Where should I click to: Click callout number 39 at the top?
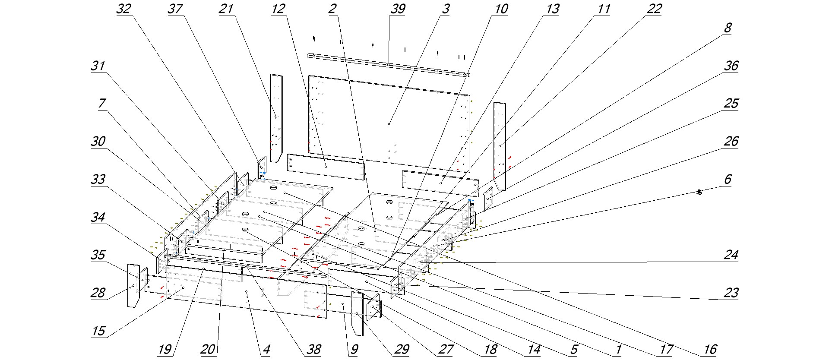(397, 9)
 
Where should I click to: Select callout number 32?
(123, 9)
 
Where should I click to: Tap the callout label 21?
(226, 9)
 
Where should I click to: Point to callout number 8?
(728, 28)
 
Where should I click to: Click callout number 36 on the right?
(731, 66)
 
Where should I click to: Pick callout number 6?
(728, 179)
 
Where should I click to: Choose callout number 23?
(731, 293)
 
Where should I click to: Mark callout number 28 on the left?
(98, 293)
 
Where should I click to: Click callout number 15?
(98, 331)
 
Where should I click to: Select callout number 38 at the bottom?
(313, 349)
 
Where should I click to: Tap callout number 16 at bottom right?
(710, 349)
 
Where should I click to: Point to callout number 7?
(102, 104)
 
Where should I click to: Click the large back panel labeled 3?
(389, 124)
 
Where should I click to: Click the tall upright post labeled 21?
(276, 117)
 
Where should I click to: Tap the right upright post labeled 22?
(500, 146)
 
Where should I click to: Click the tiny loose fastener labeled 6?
(699, 192)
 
